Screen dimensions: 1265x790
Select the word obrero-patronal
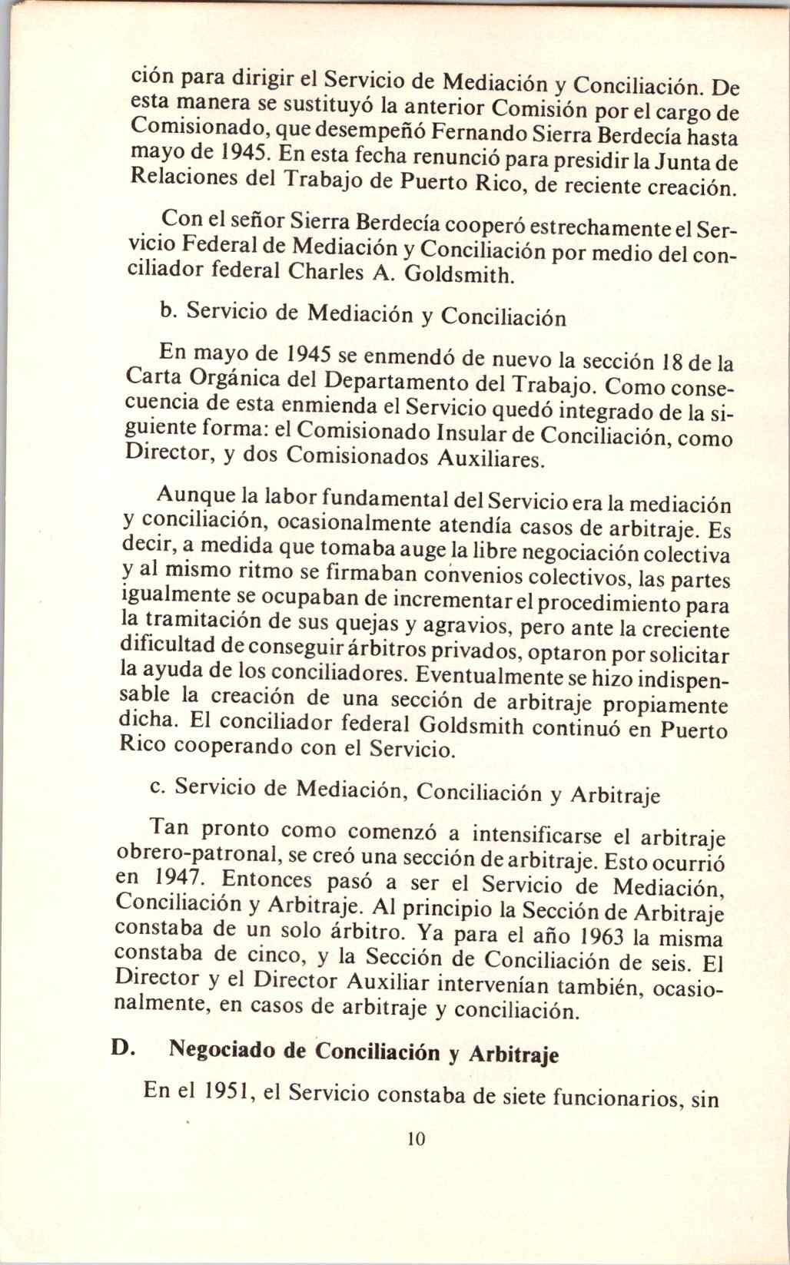pyautogui.click(x=192, y=854)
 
